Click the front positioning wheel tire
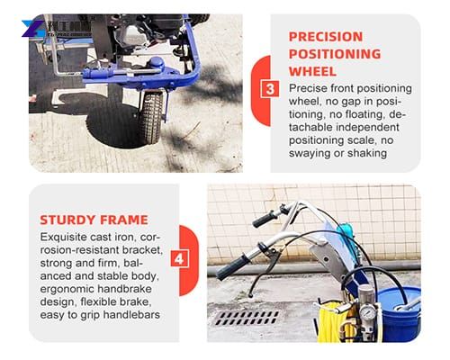pyautogui.click(x=150, y=115)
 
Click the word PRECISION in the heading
pyautogui.click(x=326, y=37)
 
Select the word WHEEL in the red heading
pyautogui.click(x=312, y=71)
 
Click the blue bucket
pyautogui.click(x=395, y=310)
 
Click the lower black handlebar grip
pyautogui.click(x=233, y=265)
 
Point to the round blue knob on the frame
pyautogui.click(x=157, y=63)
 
